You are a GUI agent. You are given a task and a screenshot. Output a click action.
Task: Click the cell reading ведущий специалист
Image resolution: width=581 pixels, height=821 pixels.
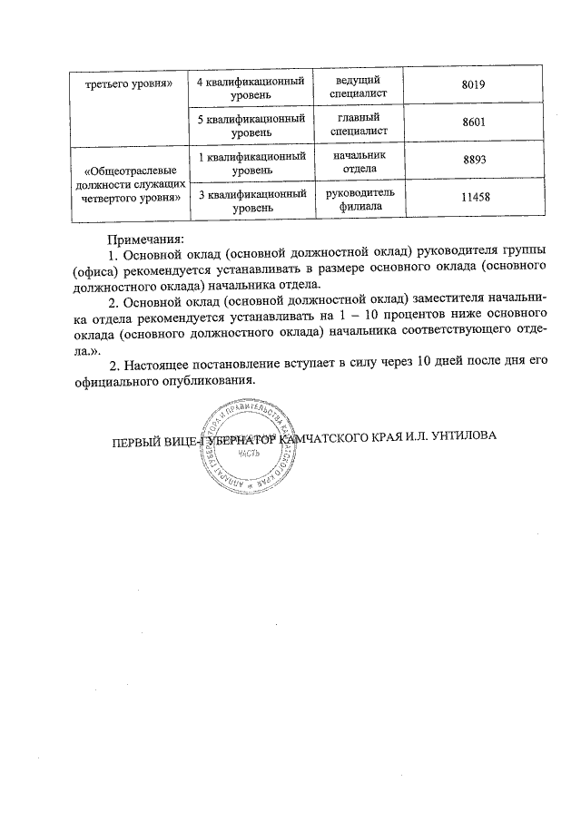356,86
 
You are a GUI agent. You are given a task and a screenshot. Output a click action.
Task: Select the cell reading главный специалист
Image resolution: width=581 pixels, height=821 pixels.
356,124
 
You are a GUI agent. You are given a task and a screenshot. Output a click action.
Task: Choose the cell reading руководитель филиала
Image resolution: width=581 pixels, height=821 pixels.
356,201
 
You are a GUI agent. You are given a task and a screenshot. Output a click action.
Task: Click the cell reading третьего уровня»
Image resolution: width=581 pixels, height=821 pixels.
129,84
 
